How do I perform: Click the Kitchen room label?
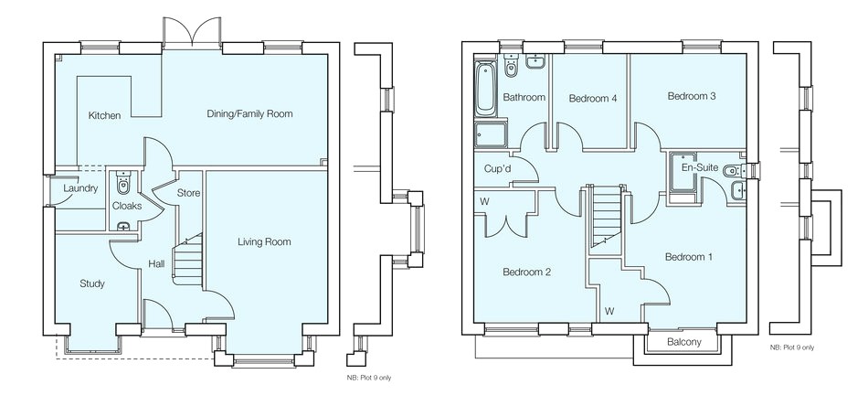point(104,116)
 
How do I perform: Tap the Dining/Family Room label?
point(249,114)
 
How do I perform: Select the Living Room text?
point(264,242)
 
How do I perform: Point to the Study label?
point(92,283)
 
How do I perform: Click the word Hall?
point(156,264)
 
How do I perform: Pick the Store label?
point(188,193)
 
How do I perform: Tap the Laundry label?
point(80,188)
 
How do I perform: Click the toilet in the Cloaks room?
point(123,183)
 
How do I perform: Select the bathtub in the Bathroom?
point(485,89)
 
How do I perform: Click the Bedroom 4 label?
point(593,99)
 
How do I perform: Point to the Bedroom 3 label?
point(692,96)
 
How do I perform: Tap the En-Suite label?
point(700,167)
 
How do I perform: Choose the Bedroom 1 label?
point(689,257)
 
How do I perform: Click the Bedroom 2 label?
point(526,272)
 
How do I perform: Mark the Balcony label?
point(683,342)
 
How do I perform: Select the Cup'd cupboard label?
point(497,168)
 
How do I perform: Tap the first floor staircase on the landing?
point(606,217)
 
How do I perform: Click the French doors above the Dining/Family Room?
point(192,32)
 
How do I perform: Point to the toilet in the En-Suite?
point(733,171)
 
